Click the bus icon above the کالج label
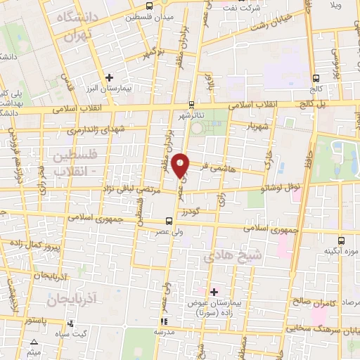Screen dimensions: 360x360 [x=316, y=79]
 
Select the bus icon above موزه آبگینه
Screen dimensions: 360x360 [x=341, y=239]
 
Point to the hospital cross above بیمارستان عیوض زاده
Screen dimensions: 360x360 [x=214, y=291]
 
